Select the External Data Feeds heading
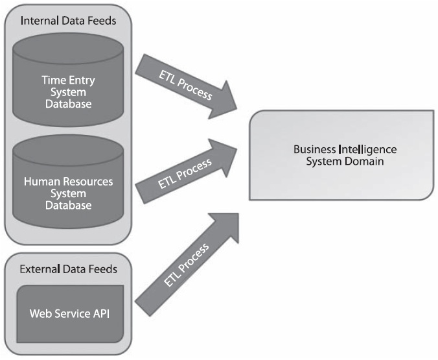67,268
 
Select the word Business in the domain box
316,149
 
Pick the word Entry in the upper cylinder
81,80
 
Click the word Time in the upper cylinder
53,80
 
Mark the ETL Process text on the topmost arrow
186,84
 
